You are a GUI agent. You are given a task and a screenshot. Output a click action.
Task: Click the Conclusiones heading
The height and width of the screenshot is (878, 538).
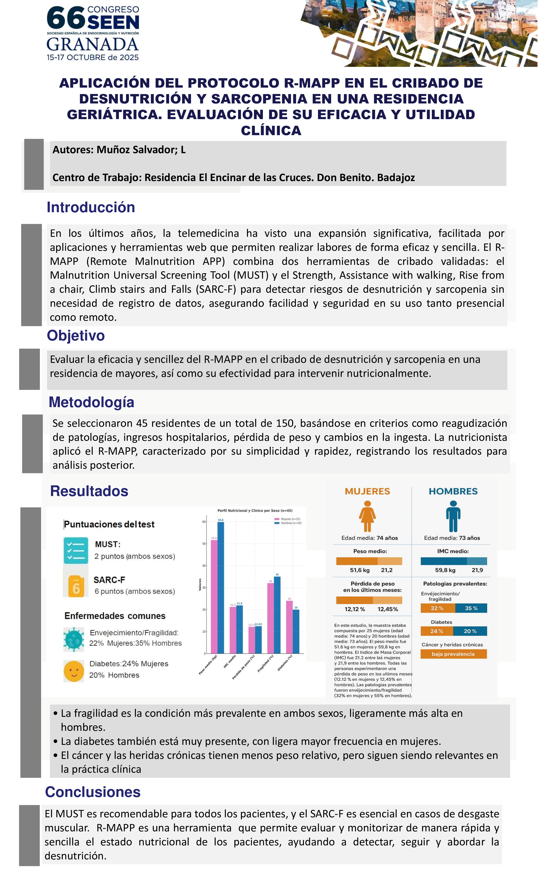coord(93,792)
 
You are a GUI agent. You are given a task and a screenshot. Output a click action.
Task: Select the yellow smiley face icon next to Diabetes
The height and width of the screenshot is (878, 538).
coord(74,671)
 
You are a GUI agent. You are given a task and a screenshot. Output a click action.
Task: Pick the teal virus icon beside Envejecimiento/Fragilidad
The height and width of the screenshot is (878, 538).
coord(74,639)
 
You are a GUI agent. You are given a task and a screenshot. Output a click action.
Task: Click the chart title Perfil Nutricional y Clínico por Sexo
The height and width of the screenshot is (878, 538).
coord(255,511)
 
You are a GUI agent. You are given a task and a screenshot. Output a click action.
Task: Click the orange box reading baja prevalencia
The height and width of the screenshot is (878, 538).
coord(453,654)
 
